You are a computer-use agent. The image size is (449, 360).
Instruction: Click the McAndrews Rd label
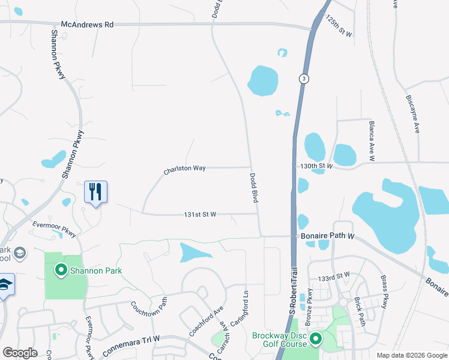click(x=87, y=25)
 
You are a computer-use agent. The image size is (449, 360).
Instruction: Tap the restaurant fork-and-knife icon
click(x=95, y=192)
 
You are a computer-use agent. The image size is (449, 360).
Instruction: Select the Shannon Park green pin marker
click(x=61, y=271)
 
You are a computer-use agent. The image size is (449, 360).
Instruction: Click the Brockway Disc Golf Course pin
click(x=316, y=340)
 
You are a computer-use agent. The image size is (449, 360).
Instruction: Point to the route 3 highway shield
click(x=304, y=79)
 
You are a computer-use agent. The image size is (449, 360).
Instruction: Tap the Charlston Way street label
click(x=184, y=170)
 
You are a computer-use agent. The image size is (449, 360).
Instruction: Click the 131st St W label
click(x=200, y=214)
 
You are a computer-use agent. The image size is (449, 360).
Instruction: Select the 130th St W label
click(x=316, y=166)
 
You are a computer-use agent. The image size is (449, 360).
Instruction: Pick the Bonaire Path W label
click(x=327, y=236)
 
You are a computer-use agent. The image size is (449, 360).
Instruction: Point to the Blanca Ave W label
click(x=372, y=140)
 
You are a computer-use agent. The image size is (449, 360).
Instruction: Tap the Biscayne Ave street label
click(x=412, y=113)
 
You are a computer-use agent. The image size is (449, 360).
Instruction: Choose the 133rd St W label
click(x=334, y=277)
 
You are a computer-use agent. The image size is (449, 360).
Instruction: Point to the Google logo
click(x=20, y=353)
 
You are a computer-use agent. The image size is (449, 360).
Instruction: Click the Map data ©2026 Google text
click(x=412, y=355)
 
